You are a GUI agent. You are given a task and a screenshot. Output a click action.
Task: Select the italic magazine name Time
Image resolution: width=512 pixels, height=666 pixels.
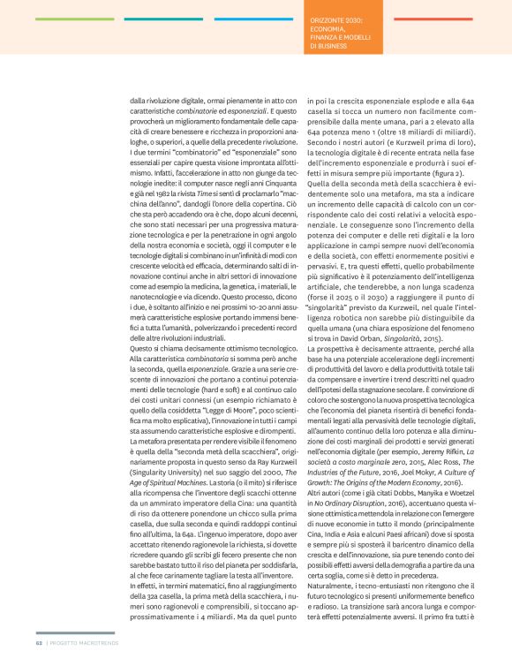(201, 166)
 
